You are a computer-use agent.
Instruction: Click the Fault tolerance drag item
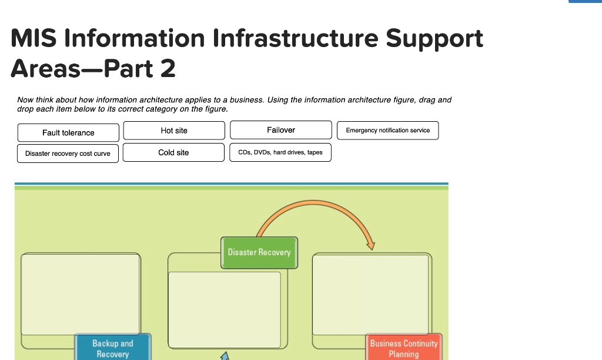point(68,132)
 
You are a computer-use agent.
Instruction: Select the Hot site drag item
point(174,130)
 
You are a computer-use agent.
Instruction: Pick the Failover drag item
point(281,130)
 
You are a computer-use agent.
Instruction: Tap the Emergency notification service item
point(387,130)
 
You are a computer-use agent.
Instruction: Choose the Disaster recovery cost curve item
point(68,153)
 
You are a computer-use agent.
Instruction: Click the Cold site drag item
point(173,152)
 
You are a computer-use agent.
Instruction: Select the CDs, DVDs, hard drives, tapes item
point(280,152)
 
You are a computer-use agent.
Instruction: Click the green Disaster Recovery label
point(259,252)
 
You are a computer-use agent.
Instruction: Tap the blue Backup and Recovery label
point(113,348)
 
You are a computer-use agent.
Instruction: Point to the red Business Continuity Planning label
point(403,348)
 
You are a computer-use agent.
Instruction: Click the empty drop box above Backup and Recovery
point(81,294)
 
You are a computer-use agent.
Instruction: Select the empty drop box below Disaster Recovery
point(224,309)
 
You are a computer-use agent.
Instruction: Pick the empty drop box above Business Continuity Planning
point(370,295)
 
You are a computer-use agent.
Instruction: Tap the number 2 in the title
point(167,69)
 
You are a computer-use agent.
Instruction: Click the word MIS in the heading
point(34,39)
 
